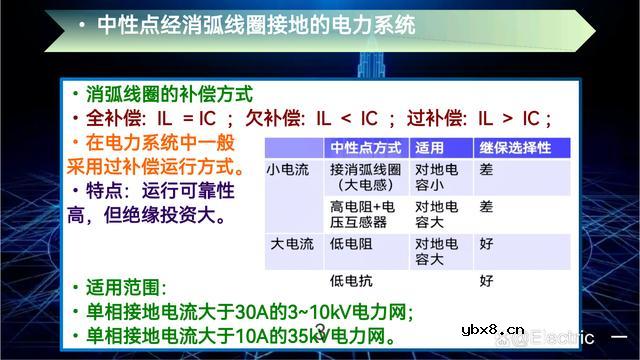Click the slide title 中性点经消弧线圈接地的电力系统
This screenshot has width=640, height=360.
pyautogui.click(x=256, y=25)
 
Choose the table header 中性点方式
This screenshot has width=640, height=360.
pyautogui.click(x=366, y=147)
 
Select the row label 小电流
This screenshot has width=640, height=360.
pyautogui.click(x=289, y=170)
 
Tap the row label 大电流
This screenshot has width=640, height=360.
pyautogui.click(x=289, y=243)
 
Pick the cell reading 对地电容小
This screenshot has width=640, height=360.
pyautogui.click(x=437, y=177)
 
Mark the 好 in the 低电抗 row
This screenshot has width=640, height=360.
pyautogui.click(x=487, y=280)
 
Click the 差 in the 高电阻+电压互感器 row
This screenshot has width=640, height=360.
pyautogui.click(x=487, y=207)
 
